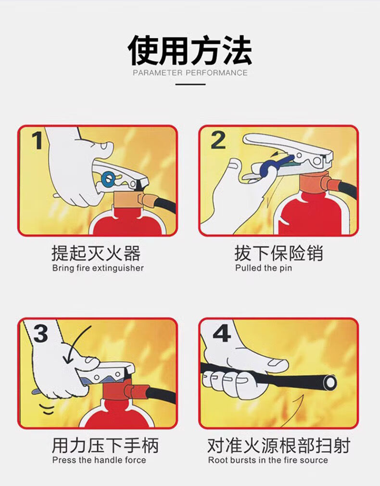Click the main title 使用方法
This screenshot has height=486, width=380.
190,50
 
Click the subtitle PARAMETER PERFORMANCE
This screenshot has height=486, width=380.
190,73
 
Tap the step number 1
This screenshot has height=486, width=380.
38,141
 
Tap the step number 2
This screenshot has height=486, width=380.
218,140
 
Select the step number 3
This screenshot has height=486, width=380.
40,333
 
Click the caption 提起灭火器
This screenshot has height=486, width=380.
96,253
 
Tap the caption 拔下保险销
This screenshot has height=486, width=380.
279,253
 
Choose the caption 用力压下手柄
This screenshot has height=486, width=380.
105,446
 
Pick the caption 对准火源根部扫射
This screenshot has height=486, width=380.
279,446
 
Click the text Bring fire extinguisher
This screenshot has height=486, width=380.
98,268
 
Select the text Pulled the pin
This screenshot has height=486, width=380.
264,268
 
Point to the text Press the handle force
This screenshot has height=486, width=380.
99,460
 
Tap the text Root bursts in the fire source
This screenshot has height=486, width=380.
268,460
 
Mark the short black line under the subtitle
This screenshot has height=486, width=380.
190,84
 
